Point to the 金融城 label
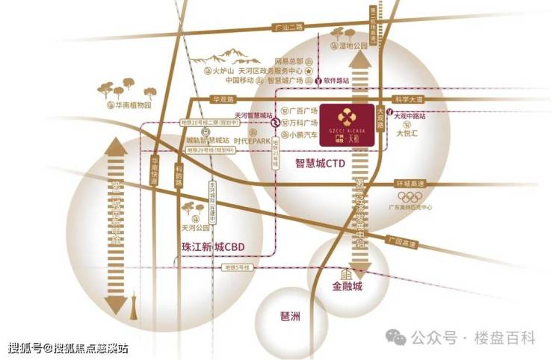coord(347,286)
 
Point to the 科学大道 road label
coord(410,99)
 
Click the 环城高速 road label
coord(410,184)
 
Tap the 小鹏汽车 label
coord(302,135)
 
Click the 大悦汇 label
coord(408,135)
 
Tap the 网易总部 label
coord(288,60)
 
